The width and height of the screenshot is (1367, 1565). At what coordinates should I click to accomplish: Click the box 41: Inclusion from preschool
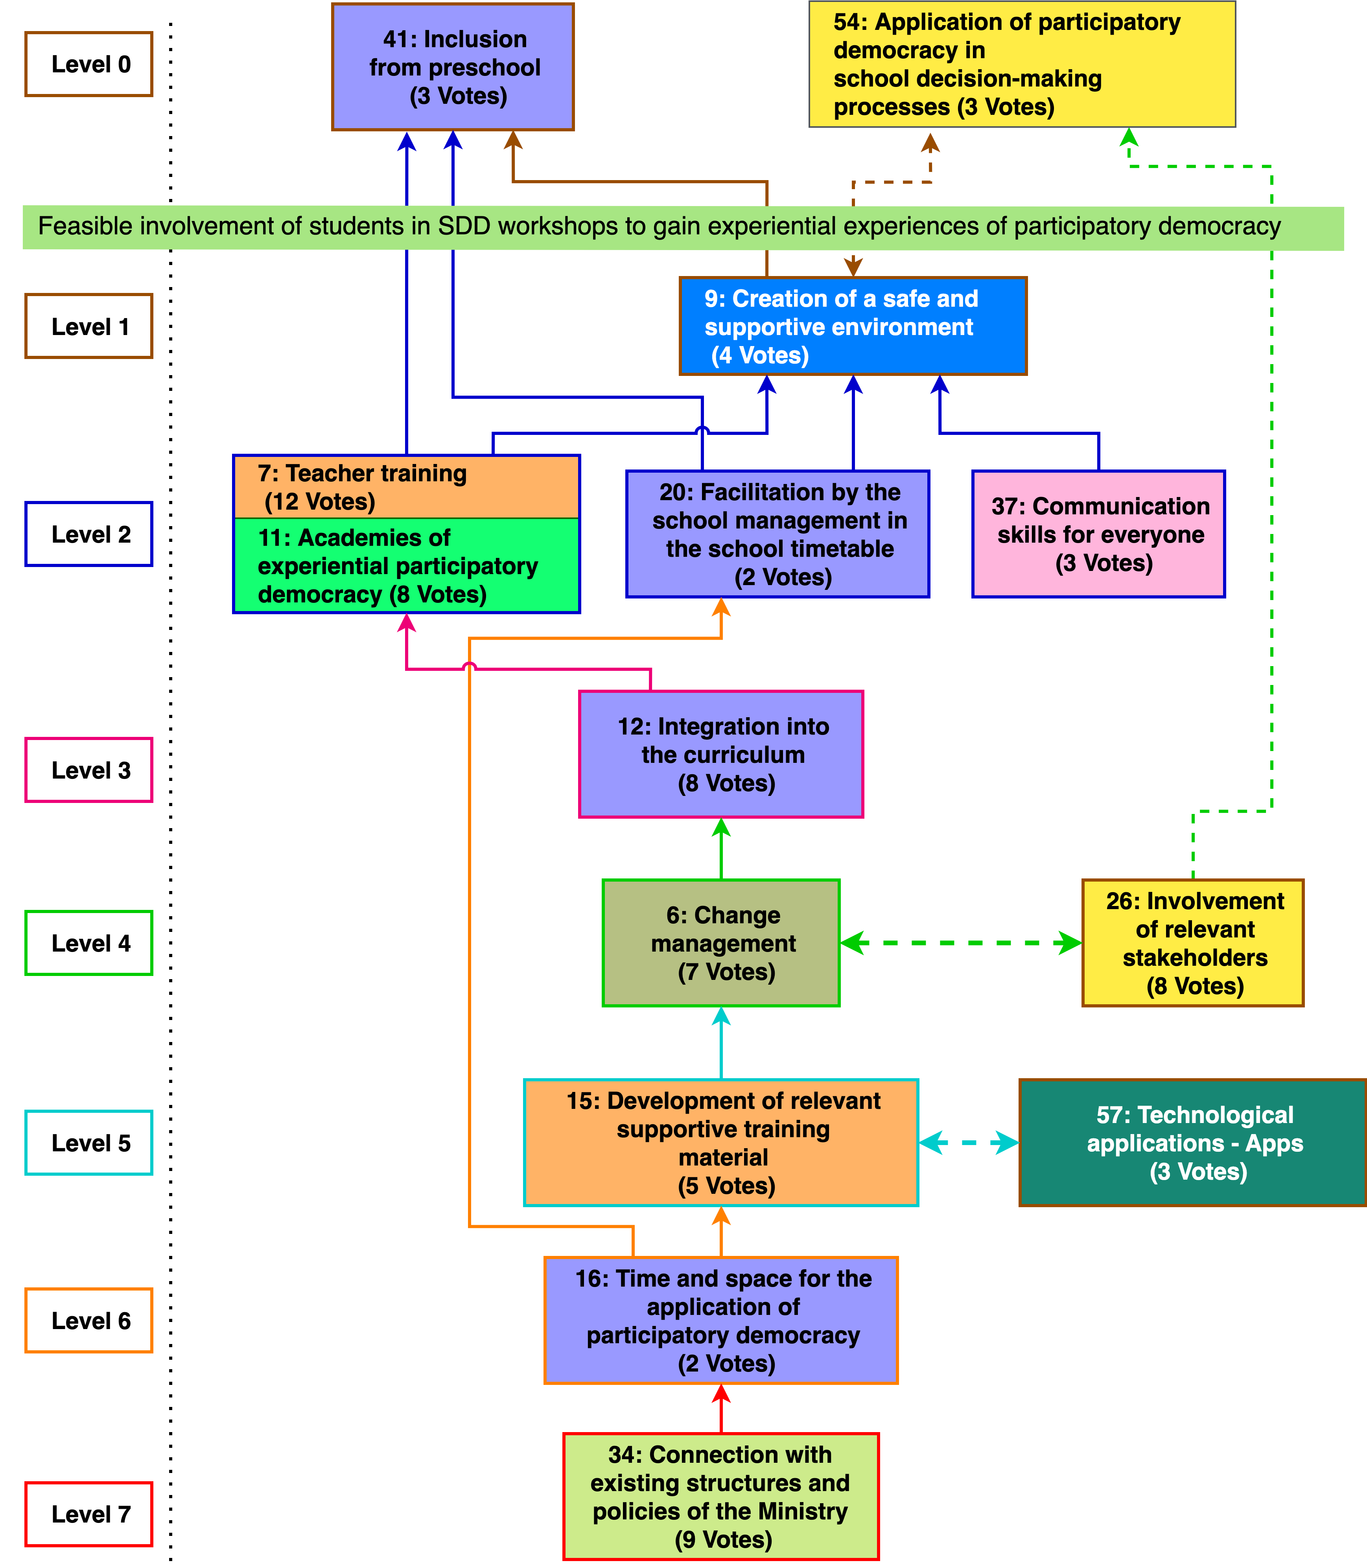[453, 67]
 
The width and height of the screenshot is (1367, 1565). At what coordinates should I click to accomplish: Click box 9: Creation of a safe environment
[853, 326]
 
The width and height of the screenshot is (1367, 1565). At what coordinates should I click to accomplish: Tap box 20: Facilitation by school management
[777, 534]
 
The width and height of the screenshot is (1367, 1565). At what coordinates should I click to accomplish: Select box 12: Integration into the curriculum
[721, 754]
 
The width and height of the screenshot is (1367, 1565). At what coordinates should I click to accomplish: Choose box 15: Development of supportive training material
[721, 1142]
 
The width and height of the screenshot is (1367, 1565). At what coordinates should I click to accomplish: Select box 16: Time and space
[721, 1320]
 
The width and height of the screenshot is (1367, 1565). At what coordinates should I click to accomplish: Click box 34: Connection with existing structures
[721, 1496]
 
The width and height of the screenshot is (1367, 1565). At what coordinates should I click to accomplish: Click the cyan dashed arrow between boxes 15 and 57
[968, 1142]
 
